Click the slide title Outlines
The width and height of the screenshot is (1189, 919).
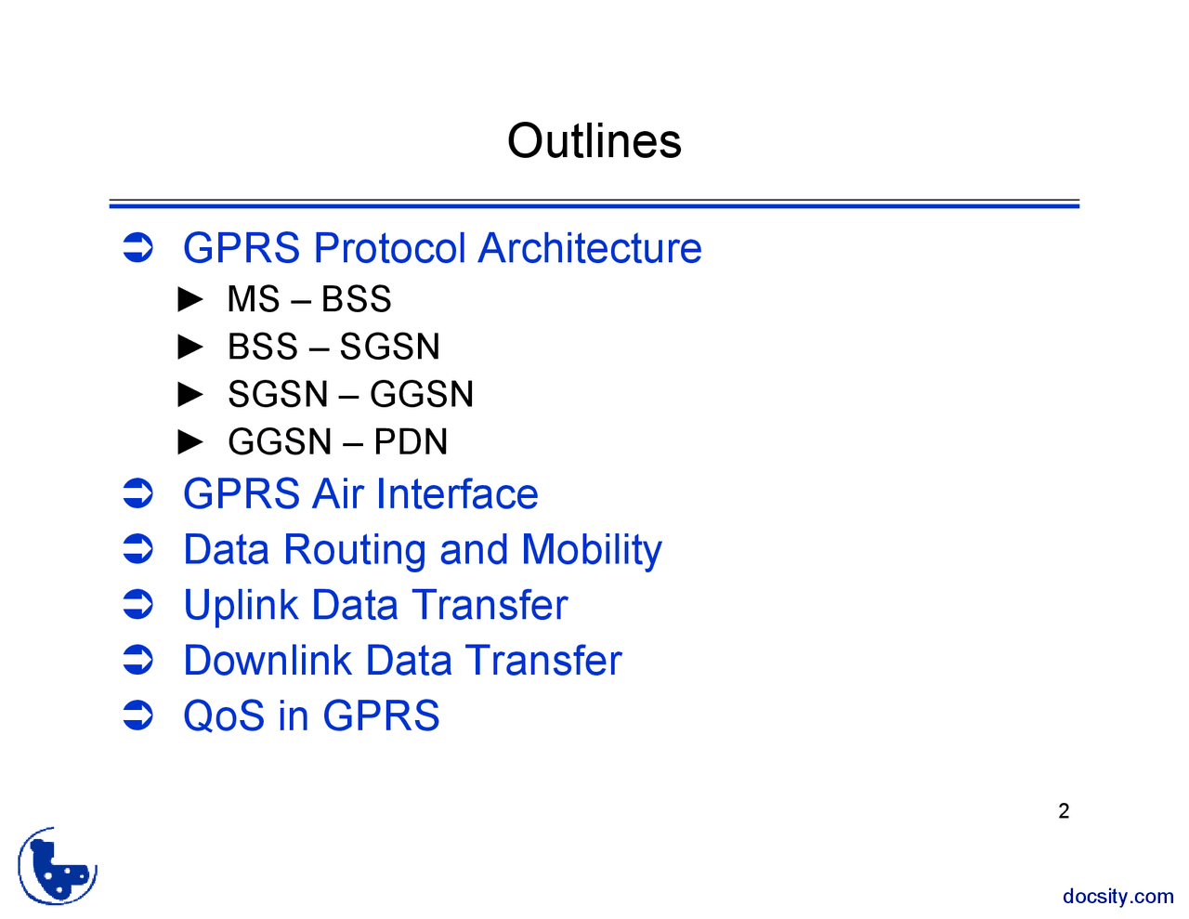tap(594, 141)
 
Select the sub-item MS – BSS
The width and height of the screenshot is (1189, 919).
tap(309, 299)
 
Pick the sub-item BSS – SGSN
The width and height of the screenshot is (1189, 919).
tap(333, 347)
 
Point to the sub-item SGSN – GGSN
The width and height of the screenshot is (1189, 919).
tap(350, 394)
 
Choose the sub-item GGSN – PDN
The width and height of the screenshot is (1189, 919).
tap(337, 441)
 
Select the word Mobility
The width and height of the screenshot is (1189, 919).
tap(592, 549)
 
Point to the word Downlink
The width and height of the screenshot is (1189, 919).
tap(268, 661)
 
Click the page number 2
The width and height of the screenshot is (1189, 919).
tap(1064, 811)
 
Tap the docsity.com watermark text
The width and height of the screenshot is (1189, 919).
tap(1117, 897)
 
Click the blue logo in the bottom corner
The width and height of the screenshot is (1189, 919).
tap(58, 866)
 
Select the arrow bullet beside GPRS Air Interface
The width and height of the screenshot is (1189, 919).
tap(137, 493)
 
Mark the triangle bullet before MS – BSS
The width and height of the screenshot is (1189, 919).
tap(190, 299)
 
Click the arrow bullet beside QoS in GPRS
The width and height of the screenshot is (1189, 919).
tap(137, 716)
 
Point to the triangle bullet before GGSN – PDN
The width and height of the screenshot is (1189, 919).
tap(190, 441)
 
